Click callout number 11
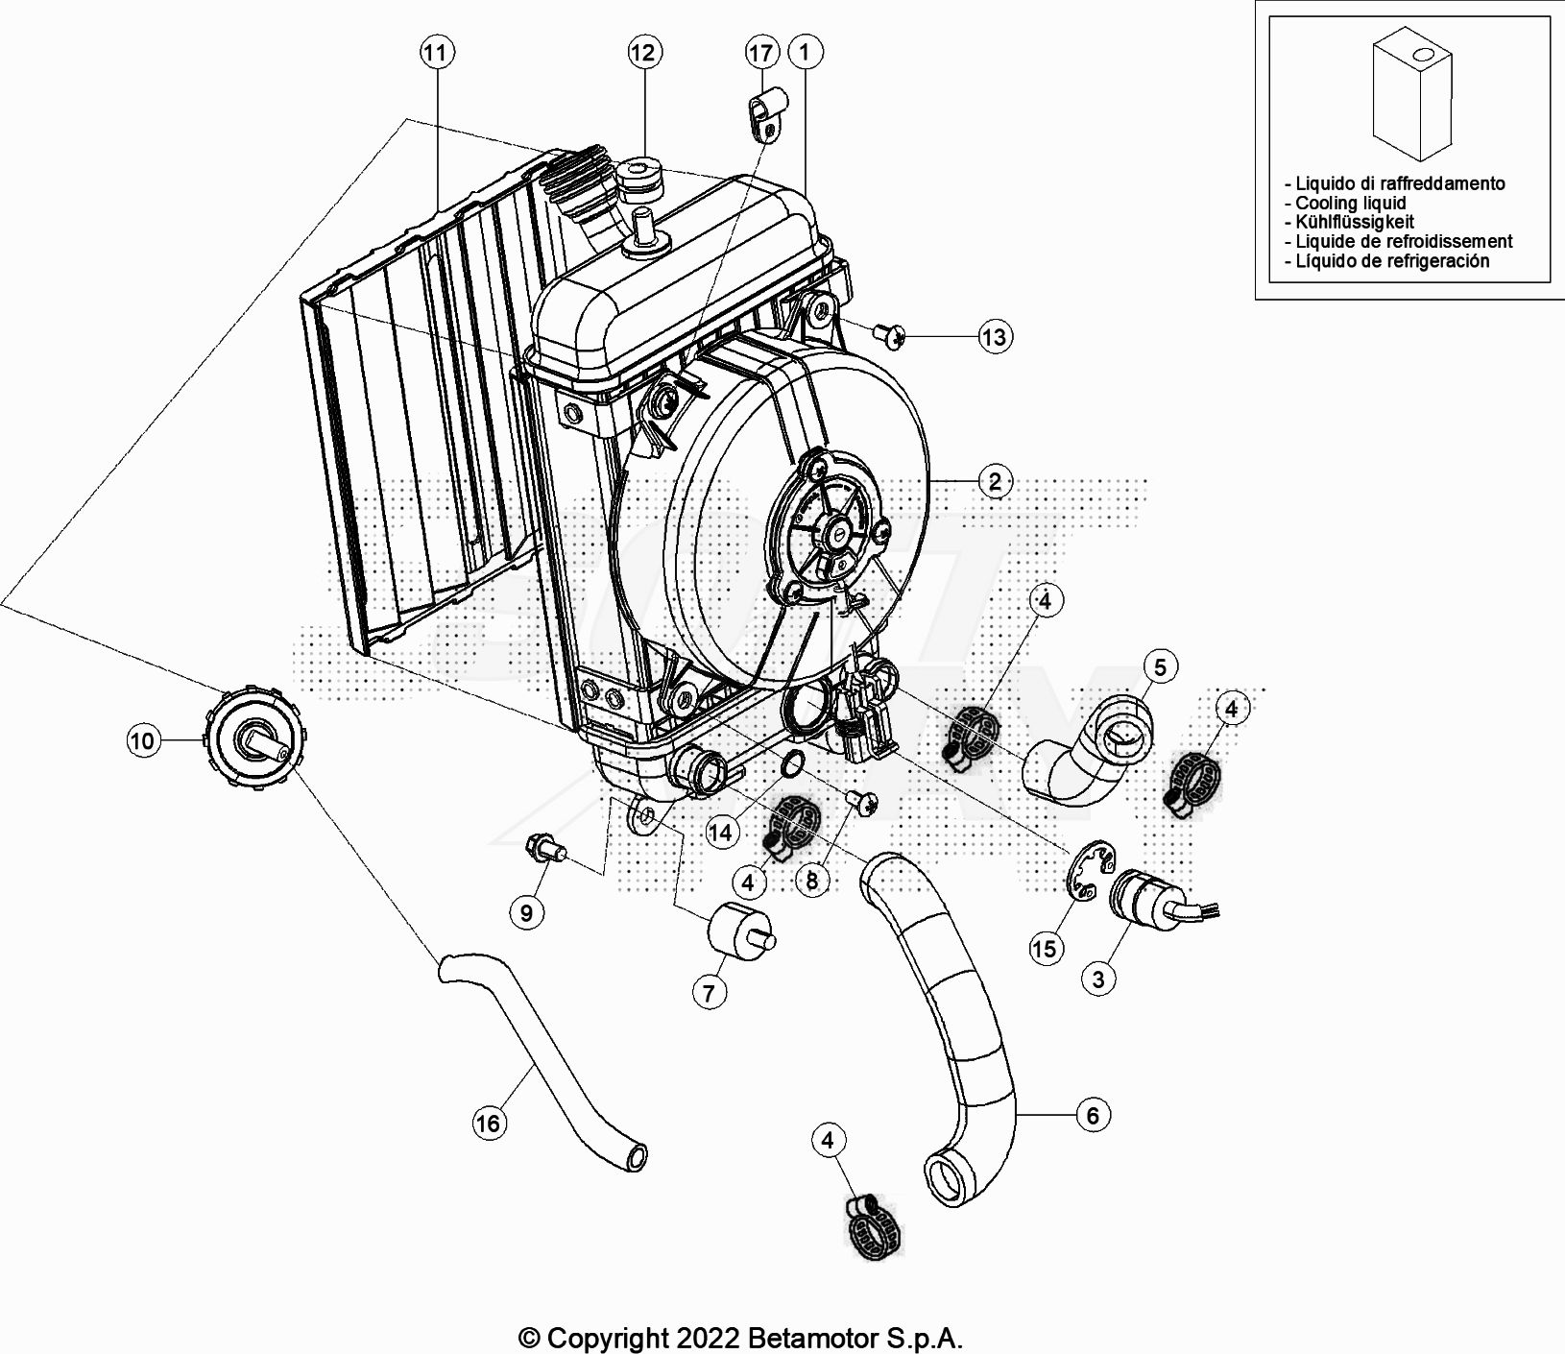coord(436,52)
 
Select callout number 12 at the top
coord(642,52)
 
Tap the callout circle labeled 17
coord(760,53)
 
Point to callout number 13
coord(994,337)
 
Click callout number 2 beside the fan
coord(994,481)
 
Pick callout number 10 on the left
coord(141,741)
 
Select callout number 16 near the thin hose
coord(488,1123)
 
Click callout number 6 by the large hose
coord(1092,1115)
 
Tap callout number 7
coord(709,992)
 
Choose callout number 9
coord(525,911)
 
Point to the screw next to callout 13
coord(889,334)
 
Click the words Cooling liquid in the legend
coord(1350,203)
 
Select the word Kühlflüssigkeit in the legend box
coord(1354,222)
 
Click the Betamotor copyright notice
coord(740,1338)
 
